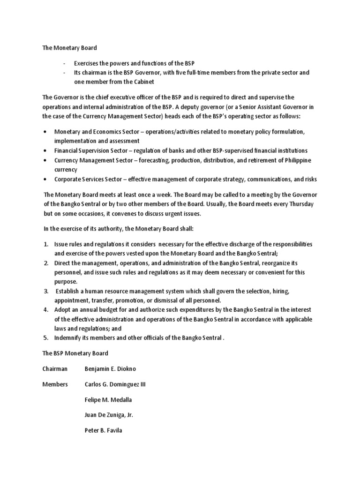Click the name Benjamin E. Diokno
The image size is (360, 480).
tap(111, 369)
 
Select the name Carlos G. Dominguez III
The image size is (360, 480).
tap(115, 384)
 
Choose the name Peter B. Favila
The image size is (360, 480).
tap(103, 430)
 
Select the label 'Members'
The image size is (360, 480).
tap(55, 384)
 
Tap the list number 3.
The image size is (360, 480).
tap(46, 291)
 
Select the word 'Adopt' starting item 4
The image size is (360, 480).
tap(63, 310)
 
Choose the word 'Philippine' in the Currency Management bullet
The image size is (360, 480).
tap(294, 160)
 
